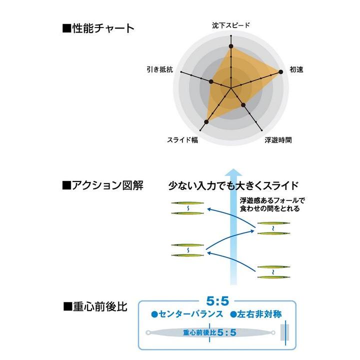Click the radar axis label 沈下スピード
coord(230,25)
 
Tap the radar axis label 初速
coord(296,69)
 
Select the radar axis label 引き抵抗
coord(160,69)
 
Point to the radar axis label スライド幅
coord(182,140)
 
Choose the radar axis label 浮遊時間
coord(278,140)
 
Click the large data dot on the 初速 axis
coord(280,72)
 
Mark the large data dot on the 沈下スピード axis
coord(231,46)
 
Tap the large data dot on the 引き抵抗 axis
coord(211,81)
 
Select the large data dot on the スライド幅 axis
coord(206,122)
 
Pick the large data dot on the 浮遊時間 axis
coord(243,105)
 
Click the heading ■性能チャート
coord(98,28)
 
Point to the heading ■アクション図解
coord(103,185)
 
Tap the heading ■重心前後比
coord(95,306)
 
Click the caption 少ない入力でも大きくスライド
coord(233,185)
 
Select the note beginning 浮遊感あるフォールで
coord(272,204)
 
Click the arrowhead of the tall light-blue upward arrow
coord(233,172)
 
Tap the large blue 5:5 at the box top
coord(217,301)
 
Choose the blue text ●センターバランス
coord(187,314)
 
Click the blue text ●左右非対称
coord(256,314)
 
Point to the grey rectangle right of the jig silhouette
coord(284,332)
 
